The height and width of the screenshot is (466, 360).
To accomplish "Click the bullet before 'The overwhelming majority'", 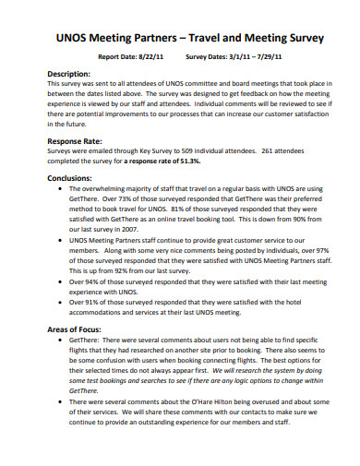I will [x=60, y=188].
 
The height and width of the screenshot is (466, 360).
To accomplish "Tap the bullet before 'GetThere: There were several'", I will [x=60, y=340].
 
